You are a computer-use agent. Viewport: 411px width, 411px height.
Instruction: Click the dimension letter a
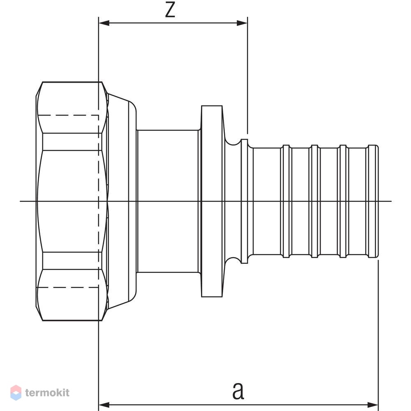238,390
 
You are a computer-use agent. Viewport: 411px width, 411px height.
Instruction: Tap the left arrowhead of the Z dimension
104,23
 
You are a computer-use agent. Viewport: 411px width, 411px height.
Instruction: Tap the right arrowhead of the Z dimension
242,23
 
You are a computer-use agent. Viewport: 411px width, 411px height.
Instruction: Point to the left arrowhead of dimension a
104,405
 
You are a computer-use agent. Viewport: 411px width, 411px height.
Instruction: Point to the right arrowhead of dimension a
373,405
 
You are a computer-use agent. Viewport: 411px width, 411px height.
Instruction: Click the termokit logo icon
16,393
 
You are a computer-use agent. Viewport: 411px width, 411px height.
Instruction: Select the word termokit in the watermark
47,393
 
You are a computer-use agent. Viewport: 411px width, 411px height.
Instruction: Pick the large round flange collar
212,201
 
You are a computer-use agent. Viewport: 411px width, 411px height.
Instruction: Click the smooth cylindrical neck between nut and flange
168,201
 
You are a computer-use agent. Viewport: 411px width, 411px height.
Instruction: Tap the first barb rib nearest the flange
286,201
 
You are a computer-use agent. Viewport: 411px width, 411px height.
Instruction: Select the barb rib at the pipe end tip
373,201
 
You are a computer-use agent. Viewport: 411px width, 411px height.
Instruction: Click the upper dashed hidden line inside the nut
68,115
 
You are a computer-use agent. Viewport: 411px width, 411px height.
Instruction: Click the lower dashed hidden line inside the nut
68,287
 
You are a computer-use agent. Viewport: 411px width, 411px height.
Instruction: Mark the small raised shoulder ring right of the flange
244,201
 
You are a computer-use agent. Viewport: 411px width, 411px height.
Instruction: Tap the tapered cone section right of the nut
122,201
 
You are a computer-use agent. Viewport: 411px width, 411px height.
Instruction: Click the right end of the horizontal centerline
391,201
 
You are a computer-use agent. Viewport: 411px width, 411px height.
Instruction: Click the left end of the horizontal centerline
20,201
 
